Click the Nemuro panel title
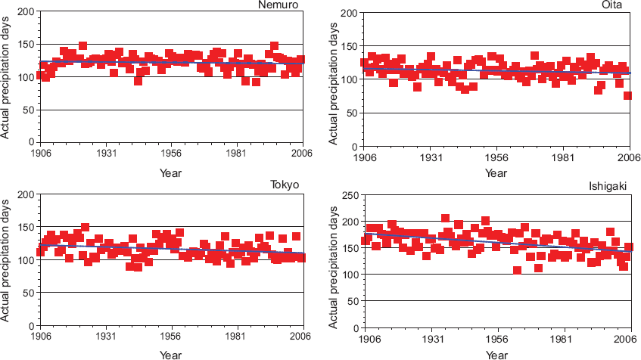278,5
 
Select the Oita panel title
611,5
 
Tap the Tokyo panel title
285,185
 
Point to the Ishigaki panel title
608,186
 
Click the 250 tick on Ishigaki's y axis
350,196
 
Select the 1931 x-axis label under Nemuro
106,154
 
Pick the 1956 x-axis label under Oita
496,158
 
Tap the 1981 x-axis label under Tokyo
236,337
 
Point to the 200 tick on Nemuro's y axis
26,11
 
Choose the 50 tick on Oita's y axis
353,113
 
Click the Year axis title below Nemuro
170,173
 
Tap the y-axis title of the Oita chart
333,84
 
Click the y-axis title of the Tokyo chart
5,260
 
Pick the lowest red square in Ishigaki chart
517,270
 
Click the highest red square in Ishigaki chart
445,219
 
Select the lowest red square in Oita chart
627,95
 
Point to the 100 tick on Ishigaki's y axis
350,275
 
